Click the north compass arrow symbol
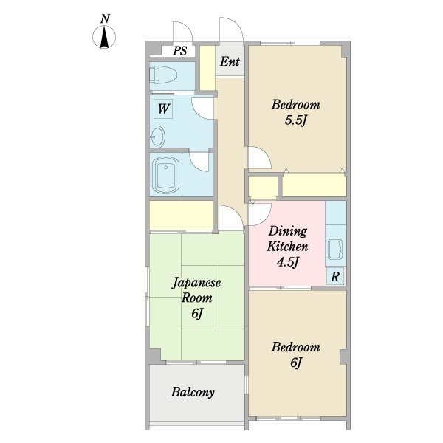coord(104,37)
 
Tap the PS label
coord(180,51)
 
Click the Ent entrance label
coord(230,61)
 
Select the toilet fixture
coord(163,76)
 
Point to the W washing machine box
coord(164,109)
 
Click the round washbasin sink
coord(157,137)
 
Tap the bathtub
coord(165,175)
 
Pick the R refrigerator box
coord(335,276)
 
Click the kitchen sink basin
coord(335,250)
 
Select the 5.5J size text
coord(295,121)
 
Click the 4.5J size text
coord(288,263)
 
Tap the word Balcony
coord(193,392)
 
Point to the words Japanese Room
coord(196,290)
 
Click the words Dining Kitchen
coord(287,239)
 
